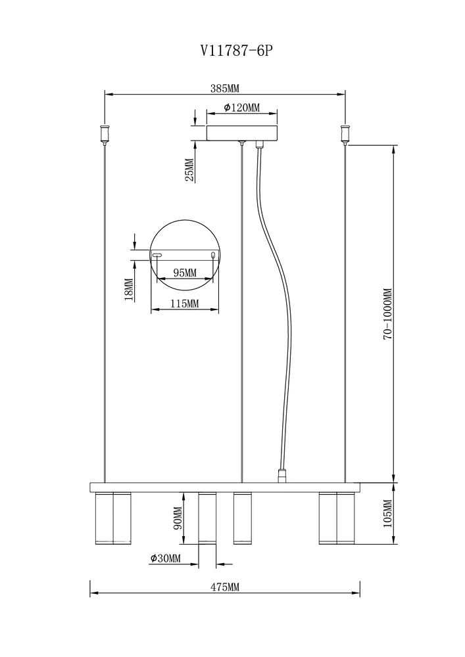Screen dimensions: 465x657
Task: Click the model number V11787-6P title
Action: [237, 51]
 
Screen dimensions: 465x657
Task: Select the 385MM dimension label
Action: [224, 89]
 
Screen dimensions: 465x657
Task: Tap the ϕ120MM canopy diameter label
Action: [241, 108]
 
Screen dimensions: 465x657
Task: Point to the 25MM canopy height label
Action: [190, 170]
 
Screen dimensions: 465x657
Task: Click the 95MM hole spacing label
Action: [185, 273]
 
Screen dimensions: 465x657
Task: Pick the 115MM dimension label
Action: [185, 304]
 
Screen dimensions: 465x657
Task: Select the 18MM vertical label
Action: [129, 290]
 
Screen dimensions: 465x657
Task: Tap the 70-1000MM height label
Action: [387, 313]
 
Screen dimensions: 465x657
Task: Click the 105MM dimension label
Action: [387, 513]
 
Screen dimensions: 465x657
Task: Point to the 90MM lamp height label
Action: [178, 518]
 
